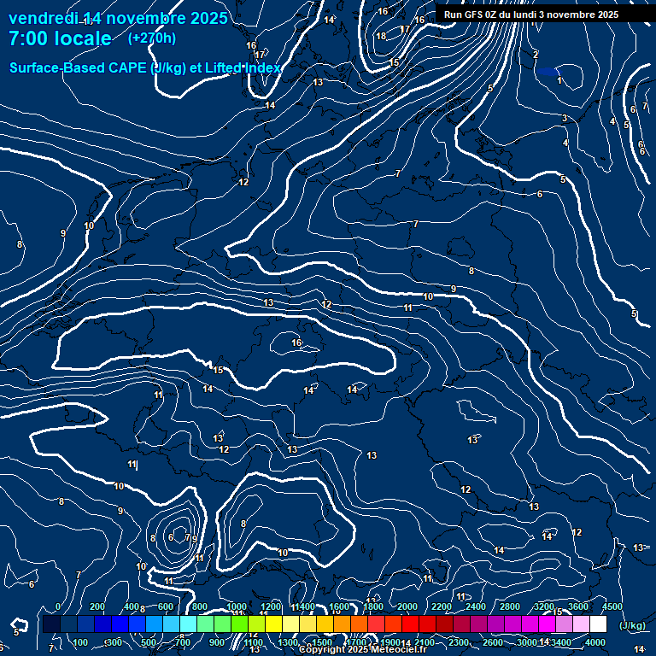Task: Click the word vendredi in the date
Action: click(43, 18)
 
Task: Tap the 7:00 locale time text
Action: click(60, 38)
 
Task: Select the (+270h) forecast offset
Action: click(151, 38)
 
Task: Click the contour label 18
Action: click(381, 36)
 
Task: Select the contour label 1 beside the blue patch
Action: click(559, 81)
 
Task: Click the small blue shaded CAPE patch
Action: click(547, 72)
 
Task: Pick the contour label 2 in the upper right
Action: click(536, 55)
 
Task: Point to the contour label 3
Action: click(565, 119)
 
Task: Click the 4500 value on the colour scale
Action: click(612, 606)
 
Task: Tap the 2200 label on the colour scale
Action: click(442, 606)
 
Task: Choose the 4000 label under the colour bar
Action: click(595, 642)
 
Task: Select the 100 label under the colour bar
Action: click(81, 642)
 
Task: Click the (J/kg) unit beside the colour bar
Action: click(632, 625)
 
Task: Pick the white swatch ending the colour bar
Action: click(598, 624)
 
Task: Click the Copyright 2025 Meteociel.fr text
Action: click(363, 650)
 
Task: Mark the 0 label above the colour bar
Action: click(58, 606)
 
